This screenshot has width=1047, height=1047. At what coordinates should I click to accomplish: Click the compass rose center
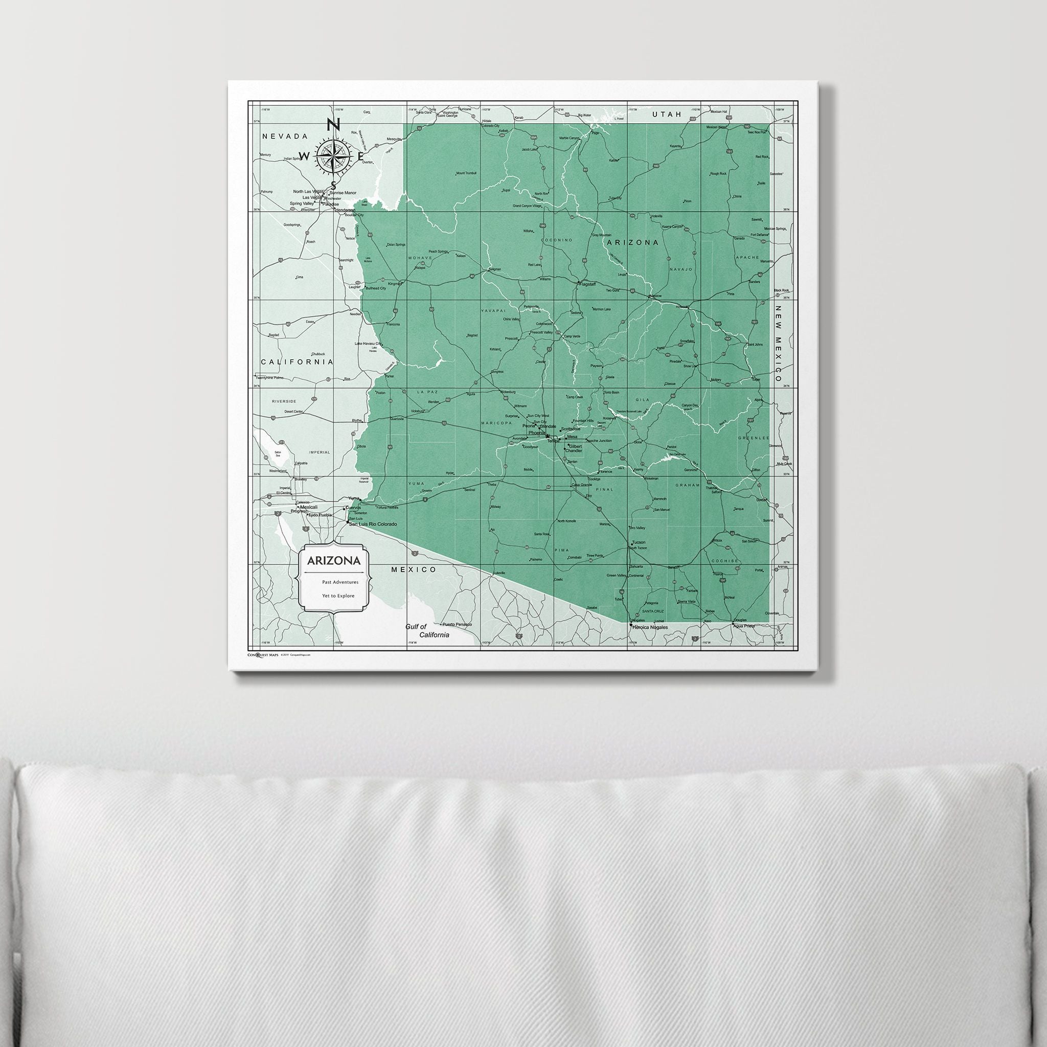coord(333,156)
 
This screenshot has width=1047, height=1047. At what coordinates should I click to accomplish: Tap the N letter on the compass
coord(333,125)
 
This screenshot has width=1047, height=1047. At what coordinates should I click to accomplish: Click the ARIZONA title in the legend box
coord(333,560)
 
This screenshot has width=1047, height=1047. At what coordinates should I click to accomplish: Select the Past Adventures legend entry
coord(340,582)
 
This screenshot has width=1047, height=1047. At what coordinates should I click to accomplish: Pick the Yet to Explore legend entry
coord(338,596)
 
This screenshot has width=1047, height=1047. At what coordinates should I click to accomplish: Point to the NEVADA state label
coord(285,136)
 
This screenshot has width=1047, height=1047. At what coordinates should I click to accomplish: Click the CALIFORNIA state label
coord(297,361)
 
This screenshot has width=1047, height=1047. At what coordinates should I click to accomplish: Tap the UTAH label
coord(666,115)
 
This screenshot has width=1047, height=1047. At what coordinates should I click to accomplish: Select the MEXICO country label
coord(414,570)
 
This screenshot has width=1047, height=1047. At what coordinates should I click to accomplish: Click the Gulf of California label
coord(428,631)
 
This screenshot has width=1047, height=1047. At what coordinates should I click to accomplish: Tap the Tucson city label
coord(639,542)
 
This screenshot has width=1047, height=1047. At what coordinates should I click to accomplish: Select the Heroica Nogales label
coord(650,627)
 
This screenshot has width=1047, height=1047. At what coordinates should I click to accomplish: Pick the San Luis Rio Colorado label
coord(372,524)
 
